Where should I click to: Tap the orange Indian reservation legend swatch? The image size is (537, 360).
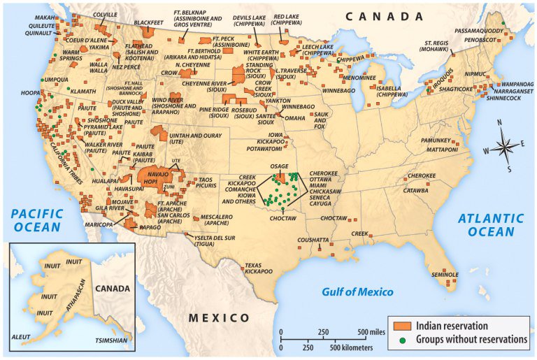click(403, 326)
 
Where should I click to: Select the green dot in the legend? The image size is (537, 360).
click(403, 340)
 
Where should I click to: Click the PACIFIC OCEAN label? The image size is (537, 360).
click(37, 220)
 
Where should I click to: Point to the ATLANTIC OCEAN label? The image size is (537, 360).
click(490, 225)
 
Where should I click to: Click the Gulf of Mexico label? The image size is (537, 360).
click(357, 291)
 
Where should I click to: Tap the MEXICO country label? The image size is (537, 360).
click(219, 318)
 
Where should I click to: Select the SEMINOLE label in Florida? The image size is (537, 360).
click(444, 273)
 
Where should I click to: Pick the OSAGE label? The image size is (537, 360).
click(279, 166)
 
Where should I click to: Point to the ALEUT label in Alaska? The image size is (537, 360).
click(21, 337)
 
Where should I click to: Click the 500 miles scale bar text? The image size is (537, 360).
click(371, 331)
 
